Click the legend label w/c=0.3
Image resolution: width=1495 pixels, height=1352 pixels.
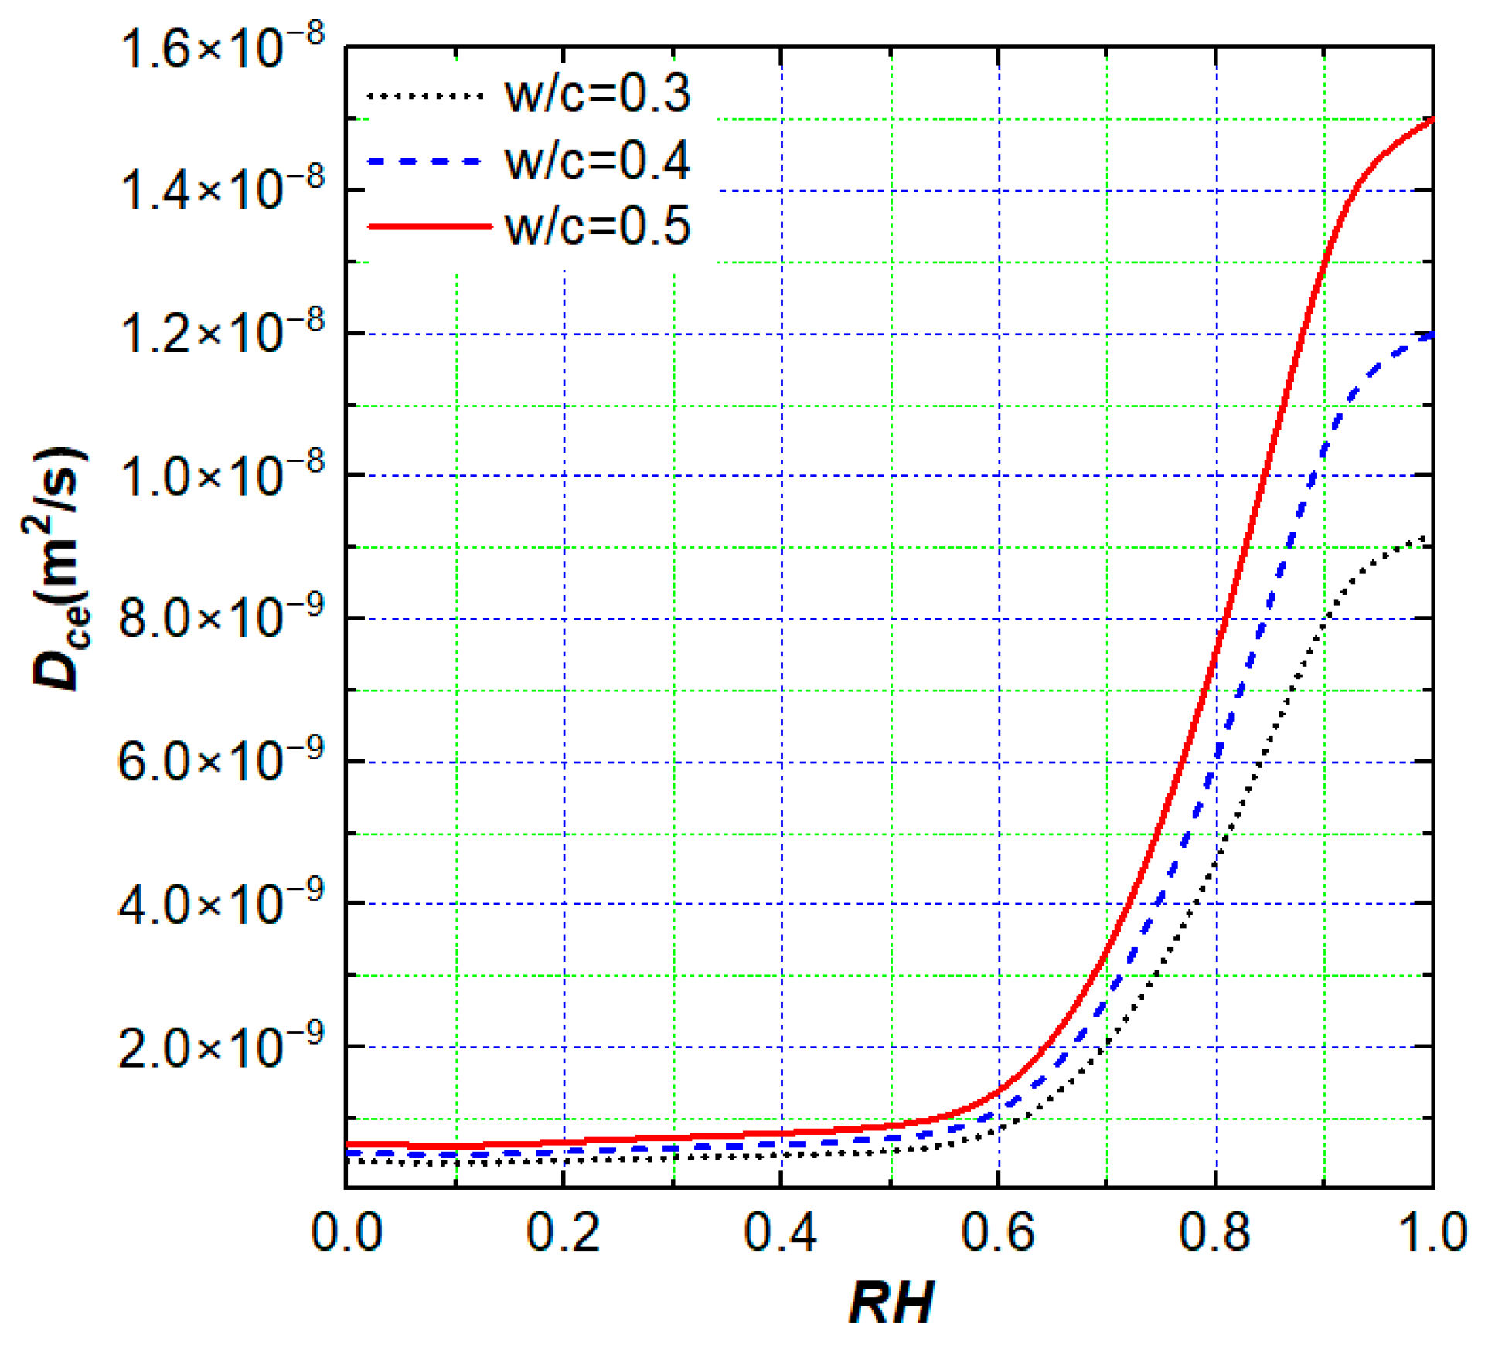pos(597,93)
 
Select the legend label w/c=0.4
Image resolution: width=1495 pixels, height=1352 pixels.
pos(597,161)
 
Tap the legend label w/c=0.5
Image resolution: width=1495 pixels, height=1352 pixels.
pos(597,226)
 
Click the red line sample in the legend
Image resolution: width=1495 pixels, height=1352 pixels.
pos(429,226)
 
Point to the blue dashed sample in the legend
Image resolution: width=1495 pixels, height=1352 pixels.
pos(424,161)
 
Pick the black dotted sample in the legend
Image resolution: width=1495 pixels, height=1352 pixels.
pos(424,95)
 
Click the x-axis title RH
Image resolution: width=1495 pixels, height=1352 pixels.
pos(891,1302)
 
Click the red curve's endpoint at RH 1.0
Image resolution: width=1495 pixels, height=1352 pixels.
pos(1432,119)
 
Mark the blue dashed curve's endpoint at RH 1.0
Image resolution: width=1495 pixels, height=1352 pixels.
pos(1432,335)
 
